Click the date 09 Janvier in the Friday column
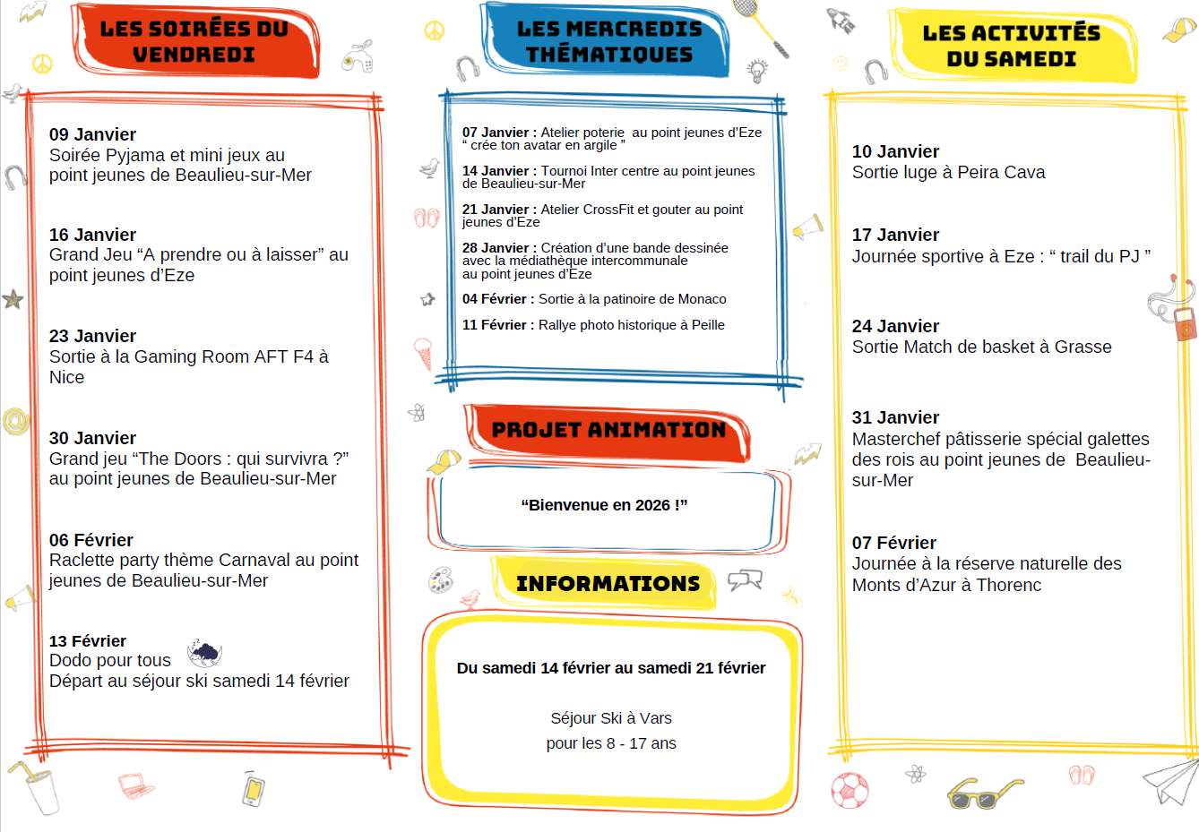(x=92, y=135)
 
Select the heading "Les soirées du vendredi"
(x=194, y=42)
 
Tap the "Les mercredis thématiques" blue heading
(x=609, y=42)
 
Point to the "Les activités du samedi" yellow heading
(x=1011, y=47)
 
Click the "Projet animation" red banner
(x=608, y=431)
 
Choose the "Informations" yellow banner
(x=608, y=584)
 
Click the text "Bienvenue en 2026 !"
(x=604, y=505)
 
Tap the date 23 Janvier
(x=92, y=337)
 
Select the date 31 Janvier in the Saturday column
(x=895, y=418)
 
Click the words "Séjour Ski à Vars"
(x=611, y=718)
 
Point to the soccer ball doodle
(x=850, y=790)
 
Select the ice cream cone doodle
(x=423, y=353)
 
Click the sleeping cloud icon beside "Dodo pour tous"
(x=204, y=653)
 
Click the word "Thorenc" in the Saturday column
(x=1009, y=586)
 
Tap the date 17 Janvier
(x=895, y=236)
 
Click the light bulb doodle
(x=758, y=70)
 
